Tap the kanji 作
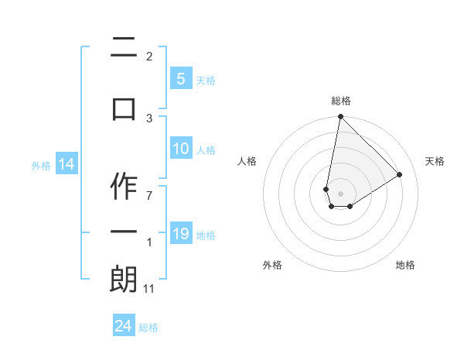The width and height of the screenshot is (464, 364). click(124, 186)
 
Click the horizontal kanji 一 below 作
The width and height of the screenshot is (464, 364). click(124, 233)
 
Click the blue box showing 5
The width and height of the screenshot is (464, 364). click(180, 78)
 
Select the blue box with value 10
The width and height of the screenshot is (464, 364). click(180, 149)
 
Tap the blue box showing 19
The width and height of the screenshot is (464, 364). click(180, 234)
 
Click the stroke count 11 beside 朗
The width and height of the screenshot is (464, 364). click(149, 289)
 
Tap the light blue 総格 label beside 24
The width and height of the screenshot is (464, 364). click(148, 327)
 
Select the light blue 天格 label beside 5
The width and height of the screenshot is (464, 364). click(206, 79)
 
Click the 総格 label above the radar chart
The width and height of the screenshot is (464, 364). click(341, 101)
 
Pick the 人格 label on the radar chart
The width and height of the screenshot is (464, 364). click(247, 161)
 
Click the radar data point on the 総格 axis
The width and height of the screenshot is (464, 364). click(340, 117)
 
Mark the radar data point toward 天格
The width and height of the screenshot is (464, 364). click(400, 174)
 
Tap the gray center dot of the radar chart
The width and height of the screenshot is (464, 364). click(340, 193)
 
